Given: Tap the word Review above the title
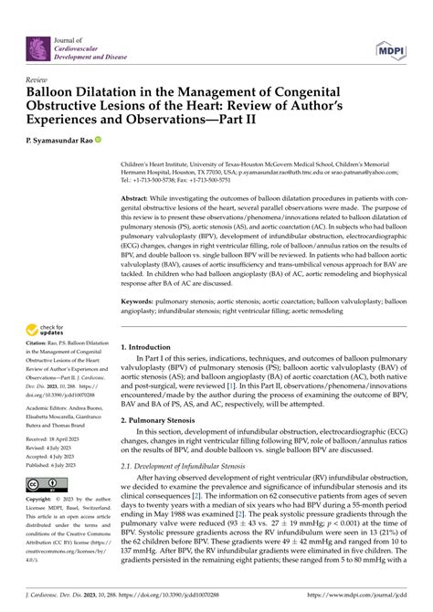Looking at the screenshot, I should tap(38, 80).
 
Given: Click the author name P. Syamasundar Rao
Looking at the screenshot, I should tap(59, 141).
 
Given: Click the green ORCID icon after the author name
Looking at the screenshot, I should tap(99, 141).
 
